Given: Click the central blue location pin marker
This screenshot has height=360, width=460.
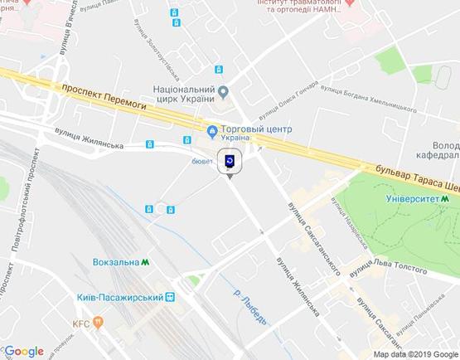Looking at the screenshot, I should tap(230, 161).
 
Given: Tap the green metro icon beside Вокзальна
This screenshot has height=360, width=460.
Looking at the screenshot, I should tap(146, 262).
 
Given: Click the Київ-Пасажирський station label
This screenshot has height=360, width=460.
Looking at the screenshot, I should tap(125, 297).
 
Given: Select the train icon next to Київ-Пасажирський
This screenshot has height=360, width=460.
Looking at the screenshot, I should tap(171, 297).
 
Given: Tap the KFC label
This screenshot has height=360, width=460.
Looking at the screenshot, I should tap(80, 322).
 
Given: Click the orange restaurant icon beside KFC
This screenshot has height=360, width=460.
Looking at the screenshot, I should tap(99, 322).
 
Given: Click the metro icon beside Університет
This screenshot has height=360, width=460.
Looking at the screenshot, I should tap(445, 199).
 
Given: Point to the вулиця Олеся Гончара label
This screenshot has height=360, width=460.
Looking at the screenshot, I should tap(288, 100).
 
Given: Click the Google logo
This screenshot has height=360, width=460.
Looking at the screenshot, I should tap(24, 351).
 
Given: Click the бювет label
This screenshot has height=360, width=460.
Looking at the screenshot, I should tap(203, 161).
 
